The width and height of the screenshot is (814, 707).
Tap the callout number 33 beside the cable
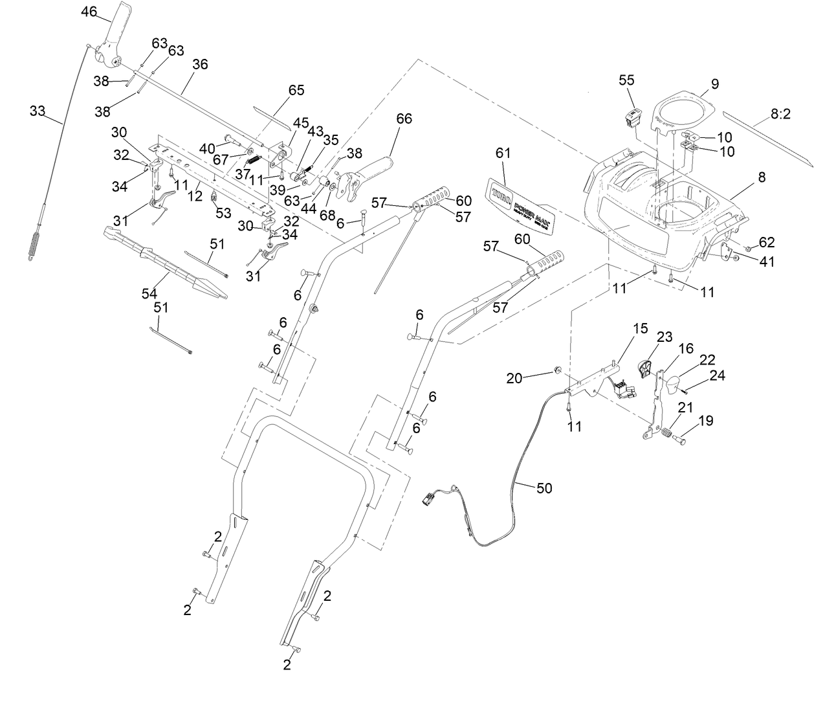[38, 111]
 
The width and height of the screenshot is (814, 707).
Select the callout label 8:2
[780, 114]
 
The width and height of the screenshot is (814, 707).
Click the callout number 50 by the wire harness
[545, 488]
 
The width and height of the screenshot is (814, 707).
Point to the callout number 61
[503, 153]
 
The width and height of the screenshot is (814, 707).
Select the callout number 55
[626, 80]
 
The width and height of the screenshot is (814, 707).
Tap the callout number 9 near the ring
[714, 84]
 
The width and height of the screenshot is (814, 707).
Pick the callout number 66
[404, 118]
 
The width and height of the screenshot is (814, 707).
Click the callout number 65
[296, 90]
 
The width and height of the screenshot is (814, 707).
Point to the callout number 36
[200, 64]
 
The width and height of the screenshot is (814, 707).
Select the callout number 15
[640, 328]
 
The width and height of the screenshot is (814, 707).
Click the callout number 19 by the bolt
[706, 420]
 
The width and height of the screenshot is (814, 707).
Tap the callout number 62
[766, 243]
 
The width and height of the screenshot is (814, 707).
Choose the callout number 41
[766, 262]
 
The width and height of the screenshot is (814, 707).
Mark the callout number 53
[223, 213]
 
